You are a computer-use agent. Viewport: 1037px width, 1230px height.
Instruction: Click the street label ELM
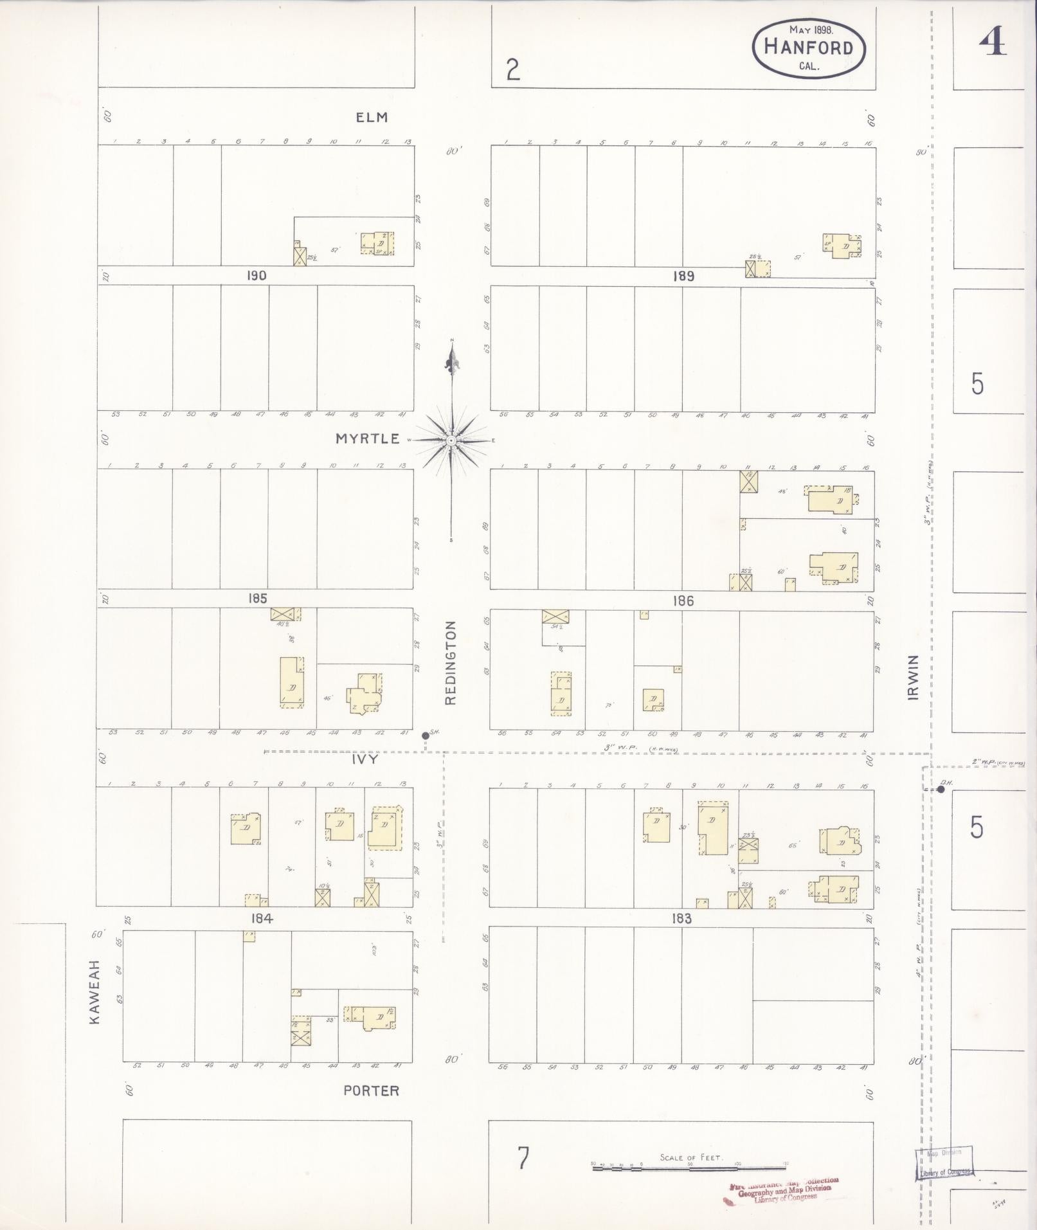tap(372, 117)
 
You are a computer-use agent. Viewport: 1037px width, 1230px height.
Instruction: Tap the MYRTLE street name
tap(368, 439)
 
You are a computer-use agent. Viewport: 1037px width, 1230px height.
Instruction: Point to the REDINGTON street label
tap(450, 662)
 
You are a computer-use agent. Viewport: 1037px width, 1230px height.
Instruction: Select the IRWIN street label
tap(914, 677)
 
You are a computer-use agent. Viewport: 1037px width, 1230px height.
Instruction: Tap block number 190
tap(256, 275)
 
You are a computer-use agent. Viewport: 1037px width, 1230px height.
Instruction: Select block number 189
tap(683, 276)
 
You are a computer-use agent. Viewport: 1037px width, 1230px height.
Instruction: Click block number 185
tap(257, 599)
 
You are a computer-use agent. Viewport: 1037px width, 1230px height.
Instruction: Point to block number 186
tap(683, 601)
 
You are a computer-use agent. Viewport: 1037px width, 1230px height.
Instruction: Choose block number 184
tap(262, 919)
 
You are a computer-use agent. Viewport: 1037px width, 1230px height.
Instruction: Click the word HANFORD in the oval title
tap(809, 48)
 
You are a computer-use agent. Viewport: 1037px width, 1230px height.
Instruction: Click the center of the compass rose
tap(452, 440)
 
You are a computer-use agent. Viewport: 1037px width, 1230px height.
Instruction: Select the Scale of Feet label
tap(691, 1158)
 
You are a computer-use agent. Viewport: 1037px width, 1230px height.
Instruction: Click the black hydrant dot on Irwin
tap(941, 790)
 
